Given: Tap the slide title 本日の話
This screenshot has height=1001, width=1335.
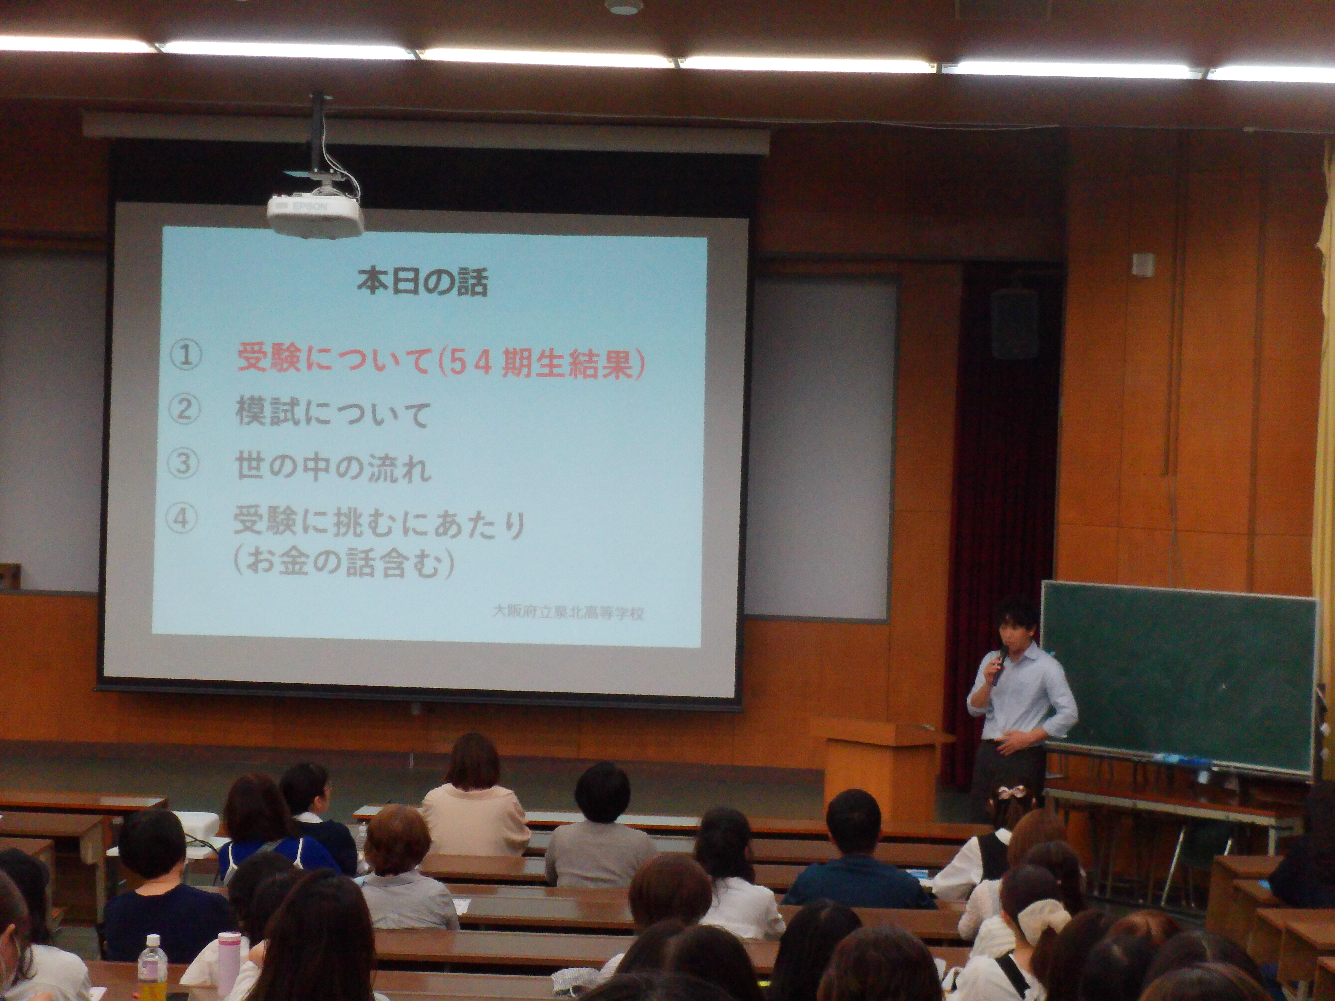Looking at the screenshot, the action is [x=423, y=282].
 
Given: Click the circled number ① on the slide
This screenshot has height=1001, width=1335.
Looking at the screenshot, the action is [x=185, y=355].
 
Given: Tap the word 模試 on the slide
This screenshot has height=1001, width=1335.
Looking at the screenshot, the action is [x=267, y=413].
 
